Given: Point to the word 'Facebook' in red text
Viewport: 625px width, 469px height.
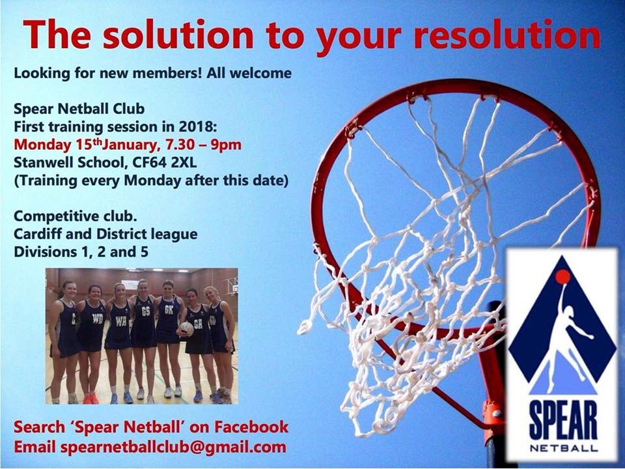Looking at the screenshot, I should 249,427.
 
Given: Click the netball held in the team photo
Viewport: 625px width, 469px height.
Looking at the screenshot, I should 187,329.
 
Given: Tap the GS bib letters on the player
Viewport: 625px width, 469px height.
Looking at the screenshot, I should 145,311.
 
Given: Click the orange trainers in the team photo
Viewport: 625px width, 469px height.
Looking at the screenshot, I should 90,397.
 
